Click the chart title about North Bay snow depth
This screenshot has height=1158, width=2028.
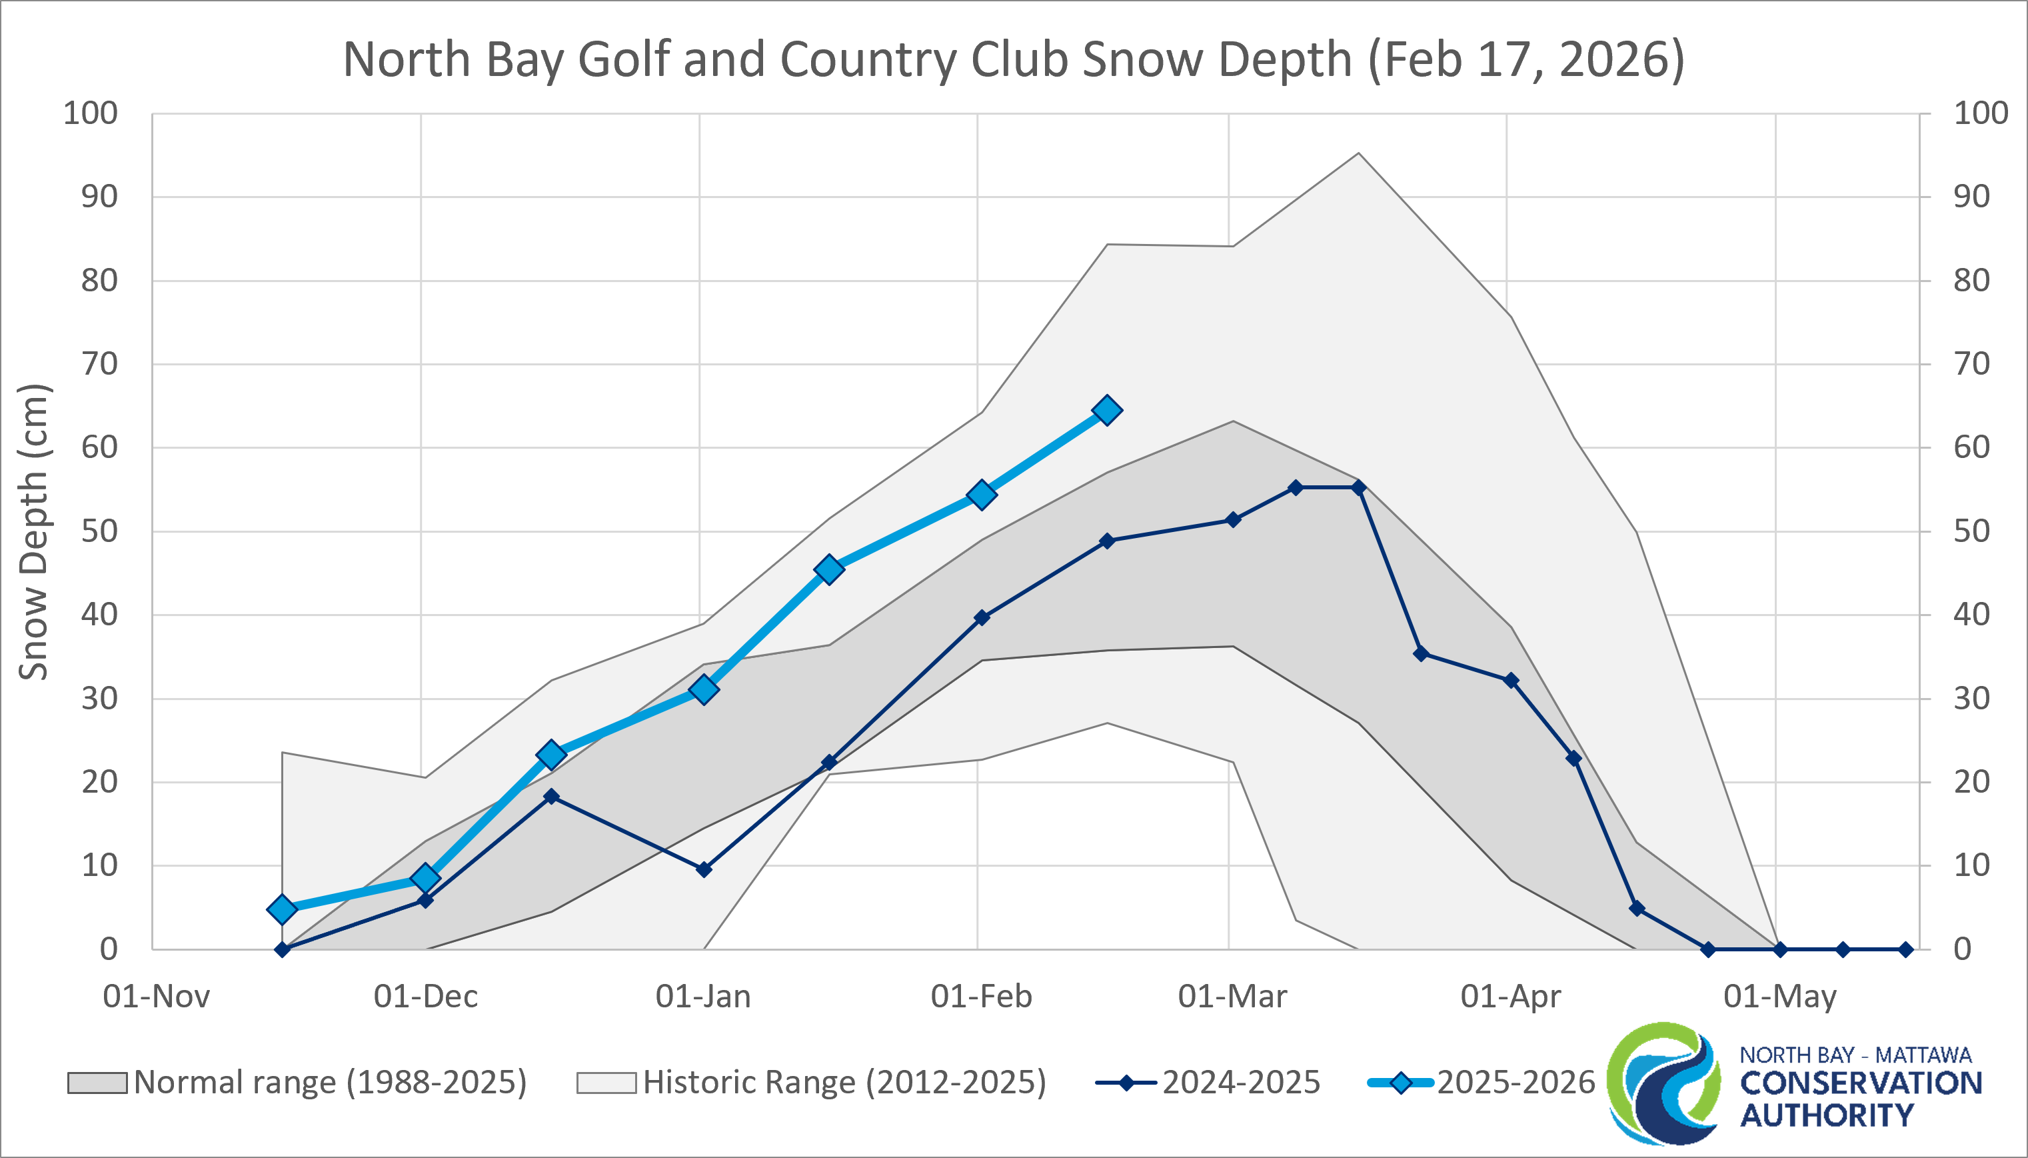coord(1014,59)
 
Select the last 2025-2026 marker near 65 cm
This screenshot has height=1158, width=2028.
coord(1106,411)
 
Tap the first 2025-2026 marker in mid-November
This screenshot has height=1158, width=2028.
coord(282,909)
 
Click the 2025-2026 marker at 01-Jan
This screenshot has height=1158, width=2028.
coord(704,689)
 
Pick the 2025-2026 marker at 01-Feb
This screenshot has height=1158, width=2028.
coord(982,495)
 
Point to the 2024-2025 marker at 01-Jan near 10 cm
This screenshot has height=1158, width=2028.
coord(704,869)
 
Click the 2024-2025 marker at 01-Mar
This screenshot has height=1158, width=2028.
coord(1233,519)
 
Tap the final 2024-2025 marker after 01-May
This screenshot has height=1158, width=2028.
coord(1905,949)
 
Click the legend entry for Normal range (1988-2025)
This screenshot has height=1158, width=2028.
coord(297,1083)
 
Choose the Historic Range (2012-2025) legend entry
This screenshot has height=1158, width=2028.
coord(812,1083)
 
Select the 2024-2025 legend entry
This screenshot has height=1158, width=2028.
coord(1208,1083)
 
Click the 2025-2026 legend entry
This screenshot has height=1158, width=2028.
coord(1481,1083)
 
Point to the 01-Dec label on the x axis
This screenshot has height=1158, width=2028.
coord(425,996)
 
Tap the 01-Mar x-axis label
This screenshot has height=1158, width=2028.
coord(1232,996)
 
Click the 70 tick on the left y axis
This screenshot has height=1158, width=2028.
coord(99,364)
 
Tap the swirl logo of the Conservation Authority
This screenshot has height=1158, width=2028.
coord(1663,1083)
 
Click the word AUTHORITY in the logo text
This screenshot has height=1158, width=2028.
coord(1827,1115)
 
